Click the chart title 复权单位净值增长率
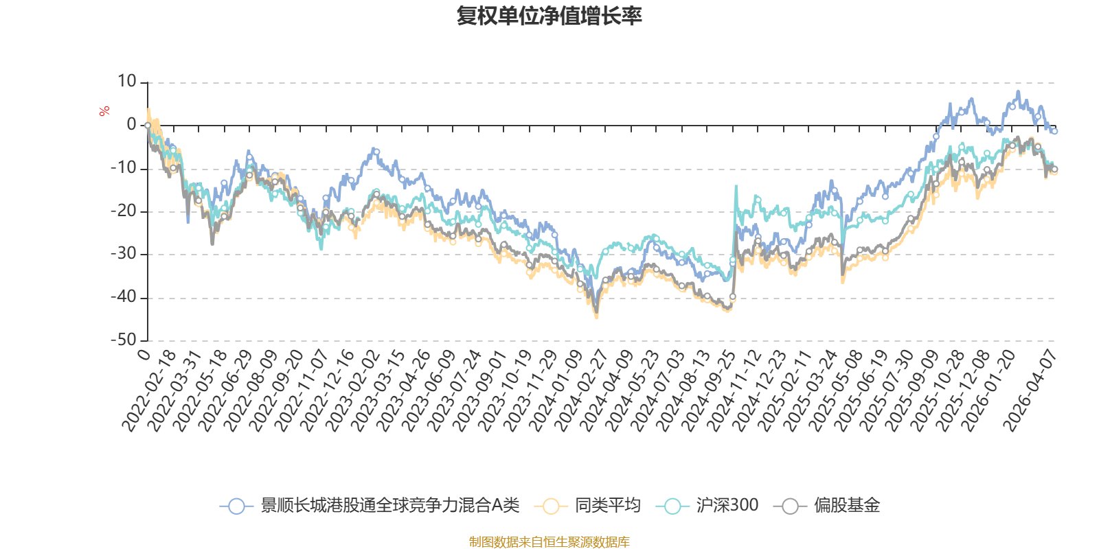point(549,16)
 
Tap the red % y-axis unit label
point(104,111)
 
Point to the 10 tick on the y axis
point(126,82)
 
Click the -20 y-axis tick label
point(124,211)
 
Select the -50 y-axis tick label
point(124,340)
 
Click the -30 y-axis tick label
point(124,254)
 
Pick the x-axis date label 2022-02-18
point(148,390)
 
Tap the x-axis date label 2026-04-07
point(1030,390)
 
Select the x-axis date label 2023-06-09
point(429,390)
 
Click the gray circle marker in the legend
point(790,506)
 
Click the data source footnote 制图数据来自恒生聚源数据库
point(549,541)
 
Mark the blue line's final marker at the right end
point(1054,131)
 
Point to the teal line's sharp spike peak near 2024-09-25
point(736,186)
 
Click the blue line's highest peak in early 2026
point(1018,91)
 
